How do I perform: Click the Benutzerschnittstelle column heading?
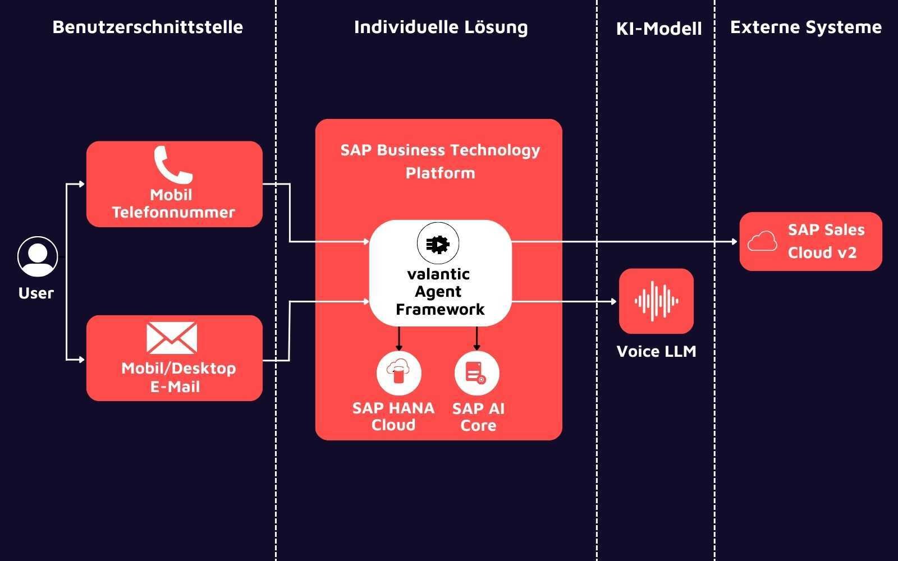(148, 27)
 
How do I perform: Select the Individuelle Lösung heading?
(441, 27)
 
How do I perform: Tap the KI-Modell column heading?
(659, 29)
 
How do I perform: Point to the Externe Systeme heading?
(805, 27)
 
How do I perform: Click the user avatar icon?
(38, 256)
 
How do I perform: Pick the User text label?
(36, 293)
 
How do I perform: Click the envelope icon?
(172, 338)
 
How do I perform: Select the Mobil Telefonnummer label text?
(173, 204)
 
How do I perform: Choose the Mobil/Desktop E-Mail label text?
(178, 377)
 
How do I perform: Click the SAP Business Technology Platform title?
(440, 162)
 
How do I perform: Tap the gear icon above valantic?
(438, 244)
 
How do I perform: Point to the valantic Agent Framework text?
(439, 292)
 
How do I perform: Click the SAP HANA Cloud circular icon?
(398, 373)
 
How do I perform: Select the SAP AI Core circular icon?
(477, 373)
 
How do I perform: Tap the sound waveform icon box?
(656, 301)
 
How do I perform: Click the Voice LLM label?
(656, 351)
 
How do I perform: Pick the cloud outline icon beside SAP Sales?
(762, 242)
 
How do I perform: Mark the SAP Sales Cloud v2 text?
(825, 241)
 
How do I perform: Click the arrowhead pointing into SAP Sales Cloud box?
(734, 242)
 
